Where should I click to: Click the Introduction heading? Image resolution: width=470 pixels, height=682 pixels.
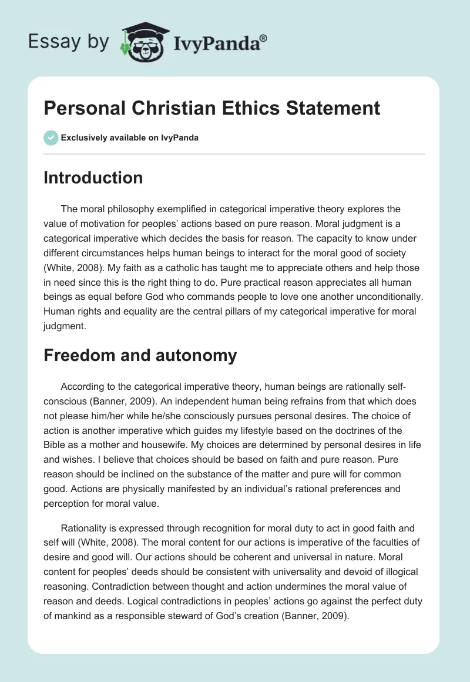tap(93, 178)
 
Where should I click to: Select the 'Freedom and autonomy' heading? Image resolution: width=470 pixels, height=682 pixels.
tap(140, 355)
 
